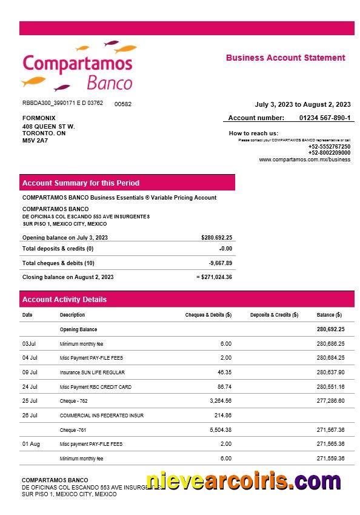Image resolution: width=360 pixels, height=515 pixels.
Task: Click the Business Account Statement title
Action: pyautogui.click(x=285, y=58)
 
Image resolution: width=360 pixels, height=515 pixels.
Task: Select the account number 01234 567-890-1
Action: pyautogui.click(x=324, y=118)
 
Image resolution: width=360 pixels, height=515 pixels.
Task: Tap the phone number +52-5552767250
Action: pyautogui.click(x=329, y=147)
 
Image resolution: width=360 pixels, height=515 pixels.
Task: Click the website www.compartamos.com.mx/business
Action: pyautogui.click(x=304, y=160)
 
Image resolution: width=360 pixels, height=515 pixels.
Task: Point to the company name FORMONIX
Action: pyautogui.click(x=39, y=118)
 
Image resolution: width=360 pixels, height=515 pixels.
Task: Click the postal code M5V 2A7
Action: pyautogui.click(x=35, y=141)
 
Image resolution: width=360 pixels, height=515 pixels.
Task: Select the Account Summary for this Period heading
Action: pyautogui.click(x=81, y=183)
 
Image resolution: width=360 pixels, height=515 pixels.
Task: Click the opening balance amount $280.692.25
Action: pyautogui.click(x=216, y=238)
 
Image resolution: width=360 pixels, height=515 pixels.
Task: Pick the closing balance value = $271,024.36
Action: pyautogui.click(x=214, y=277)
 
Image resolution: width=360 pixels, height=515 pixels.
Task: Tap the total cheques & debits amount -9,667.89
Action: pyautogui.click(x=220, y=263)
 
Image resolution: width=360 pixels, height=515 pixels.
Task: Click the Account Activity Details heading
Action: pyautogui.click(x=64, y=299)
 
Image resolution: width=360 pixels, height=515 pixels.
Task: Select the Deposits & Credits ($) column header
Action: pyautogui.click(x=274, y=315)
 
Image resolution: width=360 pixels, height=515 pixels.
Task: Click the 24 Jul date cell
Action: pyautogui.click(x=30, y=387)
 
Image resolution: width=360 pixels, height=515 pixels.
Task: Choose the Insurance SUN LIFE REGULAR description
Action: pyautogui.click(x=92, y=372)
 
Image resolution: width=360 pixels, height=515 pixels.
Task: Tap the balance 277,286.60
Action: pyautogui.click(x=330, y=401)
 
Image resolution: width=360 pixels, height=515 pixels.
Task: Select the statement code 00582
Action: pyautogui.click(x=123, y=104)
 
